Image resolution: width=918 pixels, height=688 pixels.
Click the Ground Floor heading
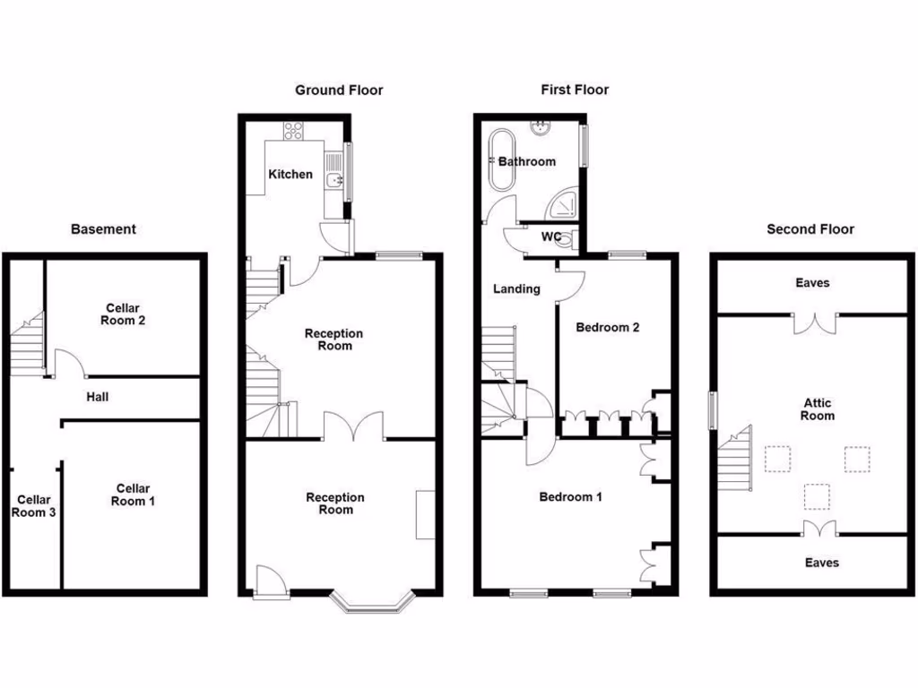tap(339, 90)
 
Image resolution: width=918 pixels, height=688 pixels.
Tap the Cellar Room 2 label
tap(124, 314)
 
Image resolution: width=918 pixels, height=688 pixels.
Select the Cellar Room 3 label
tap(32, 506)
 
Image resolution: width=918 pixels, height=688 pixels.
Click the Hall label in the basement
tap(98, 396)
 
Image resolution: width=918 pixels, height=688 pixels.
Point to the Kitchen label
tap(290, 174)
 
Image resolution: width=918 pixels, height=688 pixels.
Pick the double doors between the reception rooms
tap(354, 427)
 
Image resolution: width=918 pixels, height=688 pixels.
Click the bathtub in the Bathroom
tap(500, 161)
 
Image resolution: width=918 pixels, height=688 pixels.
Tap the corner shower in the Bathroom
tap(564, 205)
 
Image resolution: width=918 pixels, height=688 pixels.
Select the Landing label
tap(517, 288)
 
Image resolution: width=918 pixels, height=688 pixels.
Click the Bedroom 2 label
tap(607, 327)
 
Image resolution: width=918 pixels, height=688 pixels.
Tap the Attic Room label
tap(817, 409)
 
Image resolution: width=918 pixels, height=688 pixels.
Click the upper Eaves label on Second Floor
tap(812, 282)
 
